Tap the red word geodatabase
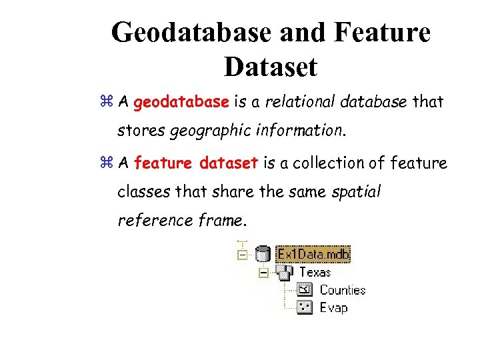[181, 103]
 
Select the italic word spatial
[355, 192]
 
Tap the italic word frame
[222, 221]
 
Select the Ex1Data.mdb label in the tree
[313, 254]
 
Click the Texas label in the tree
[315, 272]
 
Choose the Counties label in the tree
[343, 290]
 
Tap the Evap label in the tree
[333, 307]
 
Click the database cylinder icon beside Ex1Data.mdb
[263, 254]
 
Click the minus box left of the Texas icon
[264, 272]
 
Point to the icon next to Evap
[305, 307]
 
